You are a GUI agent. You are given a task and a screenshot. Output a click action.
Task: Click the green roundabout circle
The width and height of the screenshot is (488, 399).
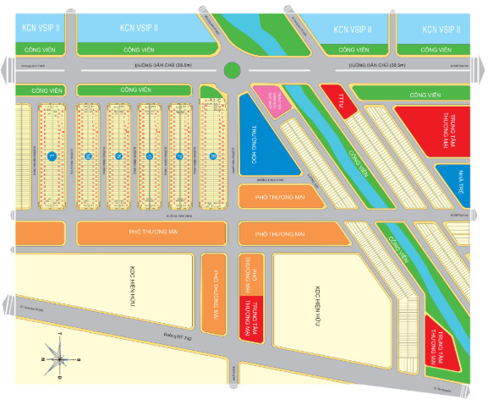[234, 70]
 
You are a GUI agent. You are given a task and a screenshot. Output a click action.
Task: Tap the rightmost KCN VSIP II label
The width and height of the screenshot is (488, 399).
[441, 28]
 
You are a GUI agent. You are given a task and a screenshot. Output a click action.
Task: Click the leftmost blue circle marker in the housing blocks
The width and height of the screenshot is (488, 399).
[52, 156]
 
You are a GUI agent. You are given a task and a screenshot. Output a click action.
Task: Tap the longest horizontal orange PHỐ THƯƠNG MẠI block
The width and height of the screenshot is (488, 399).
[150, 233]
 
